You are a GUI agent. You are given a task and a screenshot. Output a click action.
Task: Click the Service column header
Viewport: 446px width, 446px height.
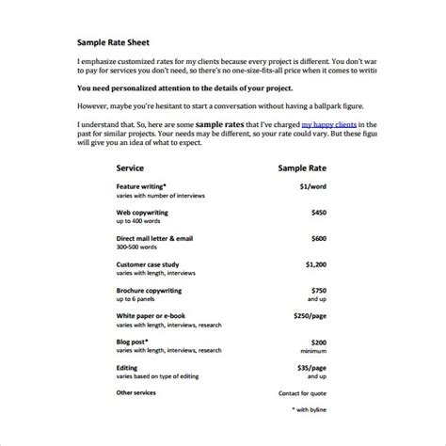130,167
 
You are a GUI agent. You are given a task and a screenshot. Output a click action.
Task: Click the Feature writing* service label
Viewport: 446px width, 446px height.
142,188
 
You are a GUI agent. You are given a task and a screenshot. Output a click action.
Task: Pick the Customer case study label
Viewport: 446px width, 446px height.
150,264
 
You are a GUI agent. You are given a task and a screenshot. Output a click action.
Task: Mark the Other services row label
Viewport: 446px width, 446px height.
136,391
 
